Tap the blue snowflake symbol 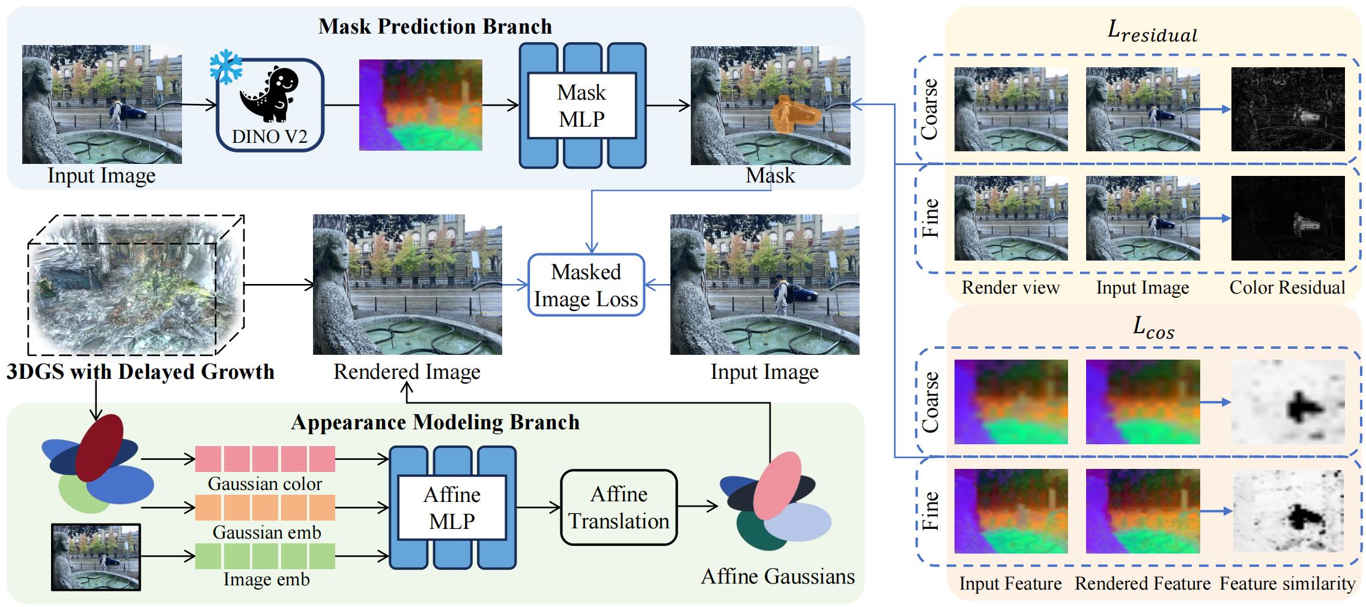click(x=225, y=68)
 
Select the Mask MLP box click(x=581, y=106)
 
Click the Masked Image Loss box click(x=586, y=285)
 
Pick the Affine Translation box click(x=619, y=507)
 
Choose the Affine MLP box click(x=452, y=507)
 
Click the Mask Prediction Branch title click(x=435, y=26)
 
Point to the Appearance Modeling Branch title click(x=435, y=422)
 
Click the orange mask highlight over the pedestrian click(x=792, y=115)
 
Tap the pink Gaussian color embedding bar click(x=265, y=459)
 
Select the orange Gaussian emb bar click(x=265, y=507)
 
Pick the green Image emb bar click(x=265, y=556)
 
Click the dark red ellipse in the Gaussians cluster click(x=100, y=447)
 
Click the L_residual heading click(x=1152, y=32)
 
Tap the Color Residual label click(x=1287, y=288)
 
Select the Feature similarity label click(x=1287, y=584)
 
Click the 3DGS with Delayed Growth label click(x=141, y=372)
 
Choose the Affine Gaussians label click(x=777, y=576)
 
